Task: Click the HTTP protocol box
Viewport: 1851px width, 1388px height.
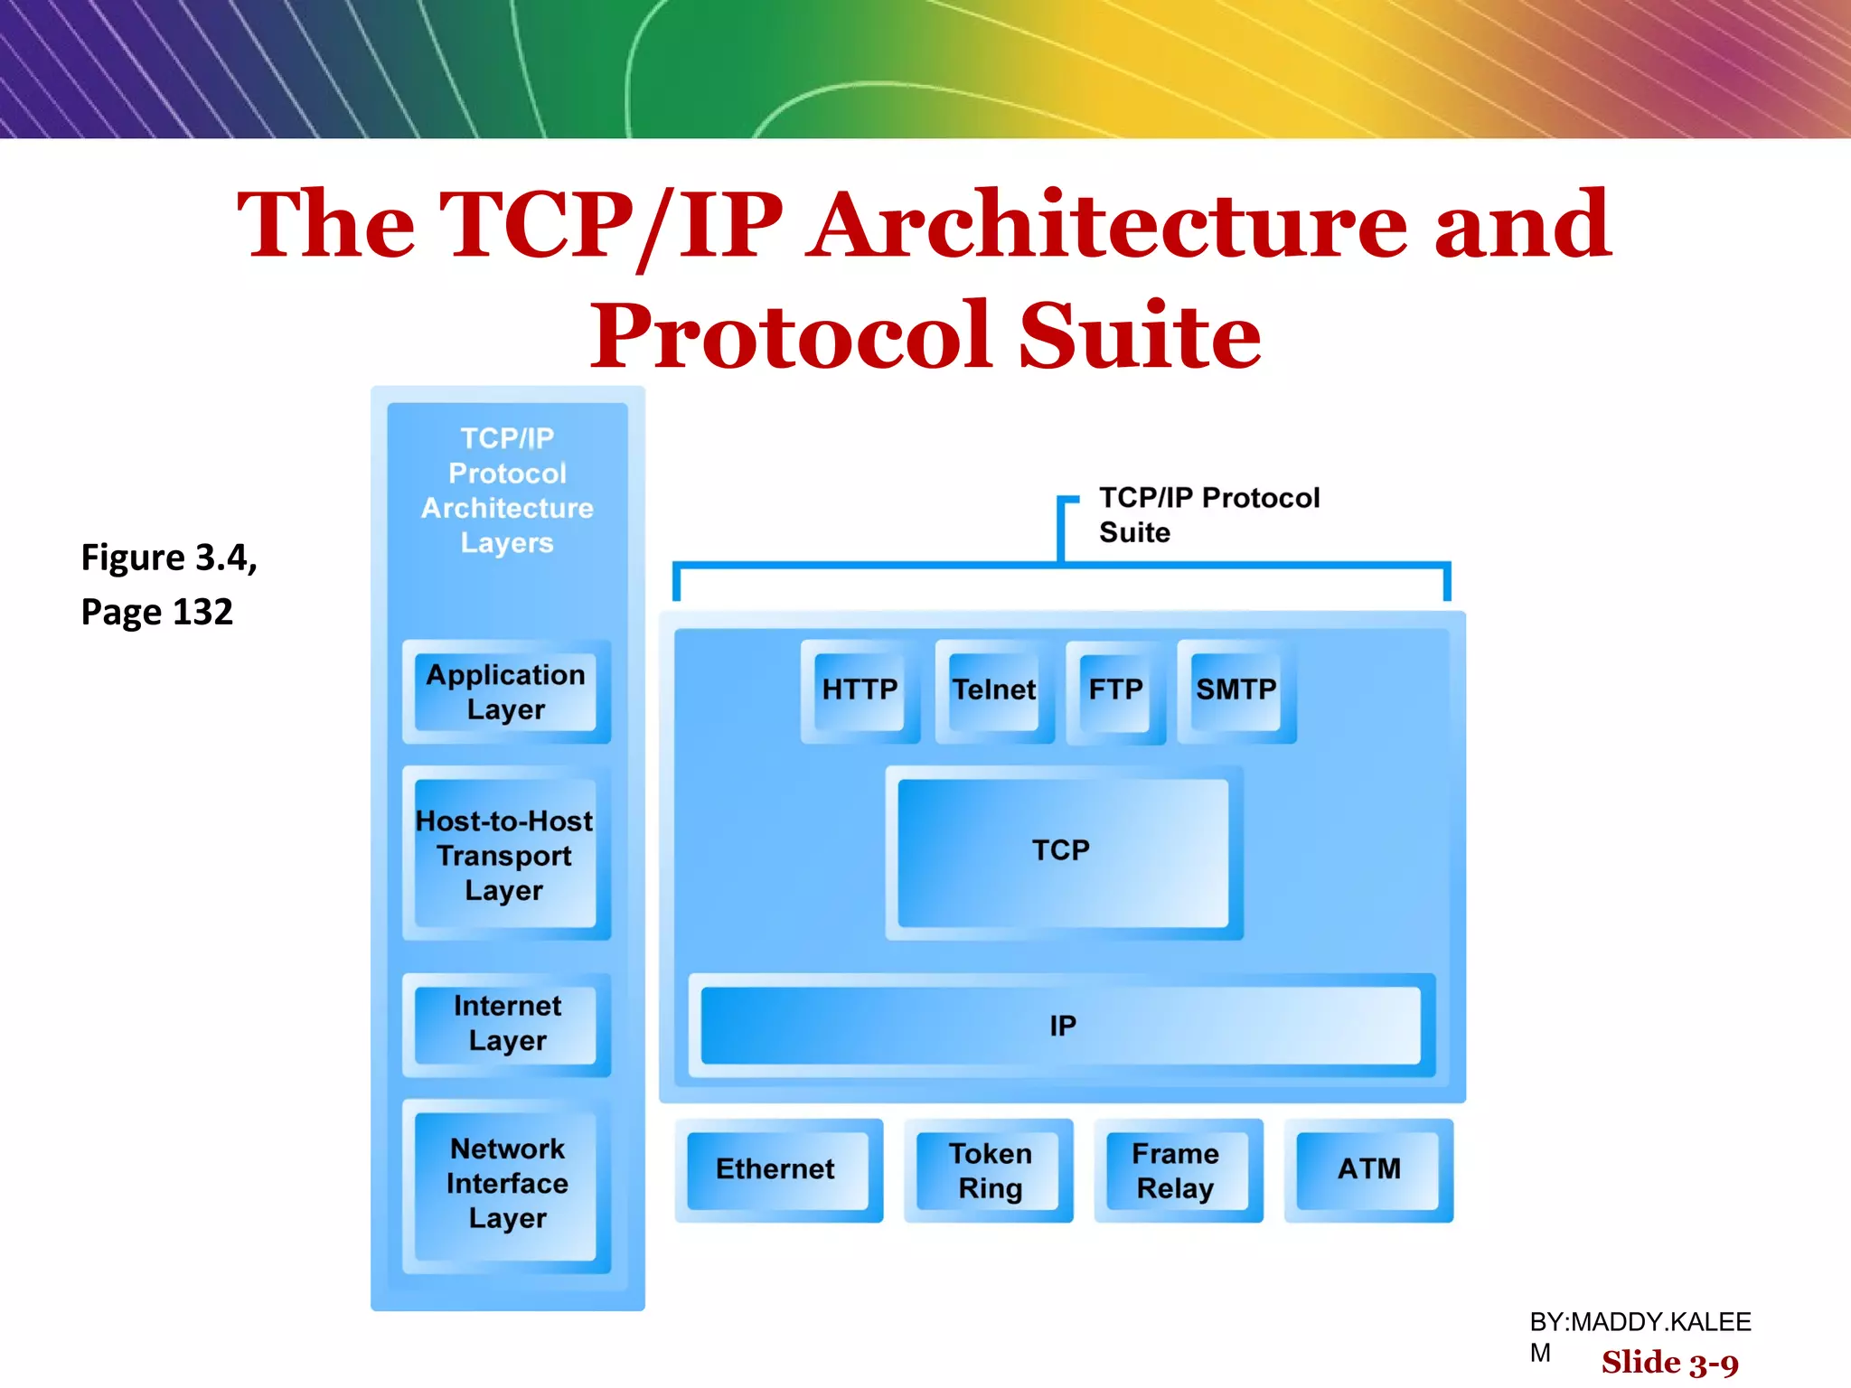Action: coord(860,690)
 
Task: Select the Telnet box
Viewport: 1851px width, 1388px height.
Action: coord(994,690)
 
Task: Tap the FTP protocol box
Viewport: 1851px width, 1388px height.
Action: coord(1115,690)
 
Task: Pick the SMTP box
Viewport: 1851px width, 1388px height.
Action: coord(1236,690)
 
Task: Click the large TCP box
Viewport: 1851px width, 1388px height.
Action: coord(1062,851)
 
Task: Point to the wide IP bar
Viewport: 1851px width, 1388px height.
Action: coord(1062,1026)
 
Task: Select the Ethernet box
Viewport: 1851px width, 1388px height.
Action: coord(776,1169)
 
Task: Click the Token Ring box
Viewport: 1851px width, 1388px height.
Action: coord(989,1170)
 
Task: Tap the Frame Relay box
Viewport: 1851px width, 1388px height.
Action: coord(1176,1170)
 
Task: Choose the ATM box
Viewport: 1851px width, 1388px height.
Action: coord(1368,1169)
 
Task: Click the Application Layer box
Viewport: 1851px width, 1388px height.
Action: coord(506,691)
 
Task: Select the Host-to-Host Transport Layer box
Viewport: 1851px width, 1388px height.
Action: coord(505,854)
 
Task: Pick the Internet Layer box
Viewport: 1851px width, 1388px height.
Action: coord(507,1023)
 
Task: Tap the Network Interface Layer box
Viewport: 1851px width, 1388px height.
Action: coord(507,1184)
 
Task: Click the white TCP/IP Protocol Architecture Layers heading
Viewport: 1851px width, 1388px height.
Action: coord(507,491)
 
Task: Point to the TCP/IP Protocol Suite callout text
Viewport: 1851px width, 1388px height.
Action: coord(1207,514)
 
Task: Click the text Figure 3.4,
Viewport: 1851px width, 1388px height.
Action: coord(169,558)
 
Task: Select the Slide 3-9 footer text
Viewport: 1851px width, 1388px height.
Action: coord(1669,1362)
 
